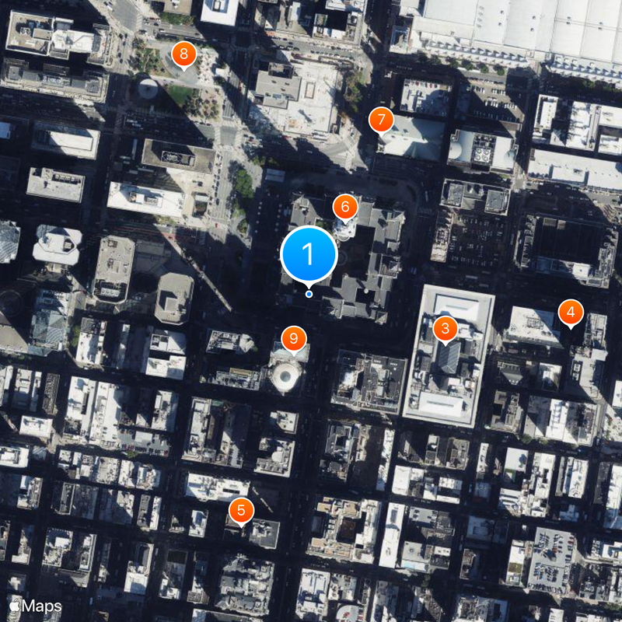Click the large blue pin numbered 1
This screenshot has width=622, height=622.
coord(309,253)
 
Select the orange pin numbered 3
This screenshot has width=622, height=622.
coord(445,329)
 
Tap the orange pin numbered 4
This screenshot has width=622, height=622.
coord(571,313)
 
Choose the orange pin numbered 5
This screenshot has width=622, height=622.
coord(241,510)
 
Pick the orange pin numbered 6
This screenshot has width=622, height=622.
coord(344,207)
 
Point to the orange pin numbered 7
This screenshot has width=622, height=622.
coord(380,120)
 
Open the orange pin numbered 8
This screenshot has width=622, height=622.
coord(183,53)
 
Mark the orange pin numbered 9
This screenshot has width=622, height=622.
coord(293,337)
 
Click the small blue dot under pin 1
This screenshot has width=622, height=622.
coord(309,294)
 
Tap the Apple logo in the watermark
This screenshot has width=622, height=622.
coord(14,605)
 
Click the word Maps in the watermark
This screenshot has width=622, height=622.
coord(43,605)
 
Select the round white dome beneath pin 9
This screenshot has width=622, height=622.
coord(285,377)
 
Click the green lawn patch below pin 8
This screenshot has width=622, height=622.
coord(180,95)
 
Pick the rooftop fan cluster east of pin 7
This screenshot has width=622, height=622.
coord(482,152)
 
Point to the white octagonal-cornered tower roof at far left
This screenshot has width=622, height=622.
coord(57,244)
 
